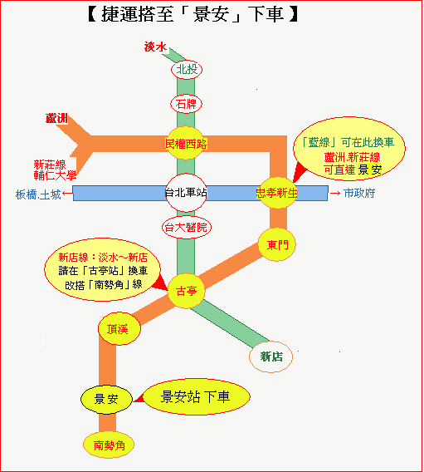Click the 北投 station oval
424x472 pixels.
187,70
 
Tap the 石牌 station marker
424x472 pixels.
187,104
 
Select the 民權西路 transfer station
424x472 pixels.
185,143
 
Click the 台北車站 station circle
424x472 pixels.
186,193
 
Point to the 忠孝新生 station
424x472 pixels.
277,193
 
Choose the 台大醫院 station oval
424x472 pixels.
187,227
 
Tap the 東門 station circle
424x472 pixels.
277,245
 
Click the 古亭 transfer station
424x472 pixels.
186,291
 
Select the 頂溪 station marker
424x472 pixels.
119,329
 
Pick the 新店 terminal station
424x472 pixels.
270,357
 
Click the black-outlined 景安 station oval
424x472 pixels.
106,399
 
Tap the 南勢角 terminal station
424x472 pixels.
109,445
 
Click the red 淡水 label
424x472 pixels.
155,47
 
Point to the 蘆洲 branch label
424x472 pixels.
56,118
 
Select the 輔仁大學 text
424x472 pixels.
55,175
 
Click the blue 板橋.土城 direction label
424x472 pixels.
38,194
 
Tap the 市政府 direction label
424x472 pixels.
359,193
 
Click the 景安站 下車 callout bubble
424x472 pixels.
196,396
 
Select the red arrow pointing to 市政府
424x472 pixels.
335,194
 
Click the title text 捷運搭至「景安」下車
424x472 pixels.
193,14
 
